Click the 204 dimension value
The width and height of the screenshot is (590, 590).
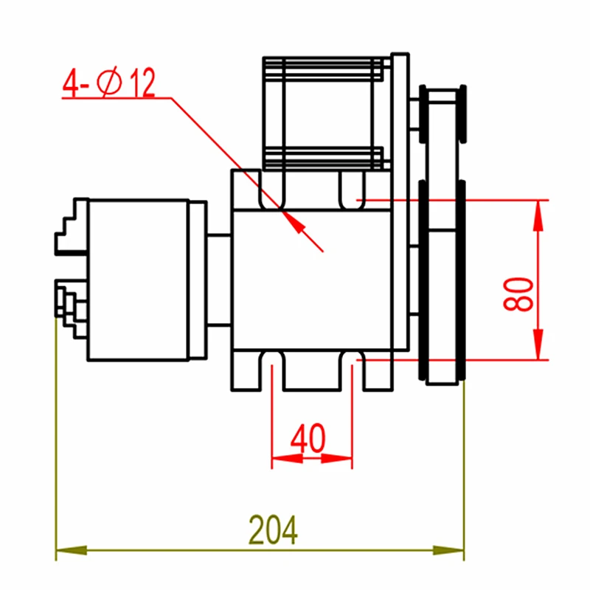tap(273, 529)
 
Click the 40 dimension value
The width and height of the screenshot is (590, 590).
tap(308, 440)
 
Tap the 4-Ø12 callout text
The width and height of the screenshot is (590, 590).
tap(109, 84)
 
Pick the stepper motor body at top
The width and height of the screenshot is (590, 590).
tap(324, 111)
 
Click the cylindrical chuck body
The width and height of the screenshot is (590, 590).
tap(136, 280)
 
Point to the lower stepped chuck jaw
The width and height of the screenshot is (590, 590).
tap(69, 302)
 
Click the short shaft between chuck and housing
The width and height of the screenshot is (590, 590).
tap(219, 280)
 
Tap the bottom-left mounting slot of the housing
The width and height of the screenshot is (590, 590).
tap(272, 369)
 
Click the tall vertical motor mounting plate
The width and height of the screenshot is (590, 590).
tap(400, 206)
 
